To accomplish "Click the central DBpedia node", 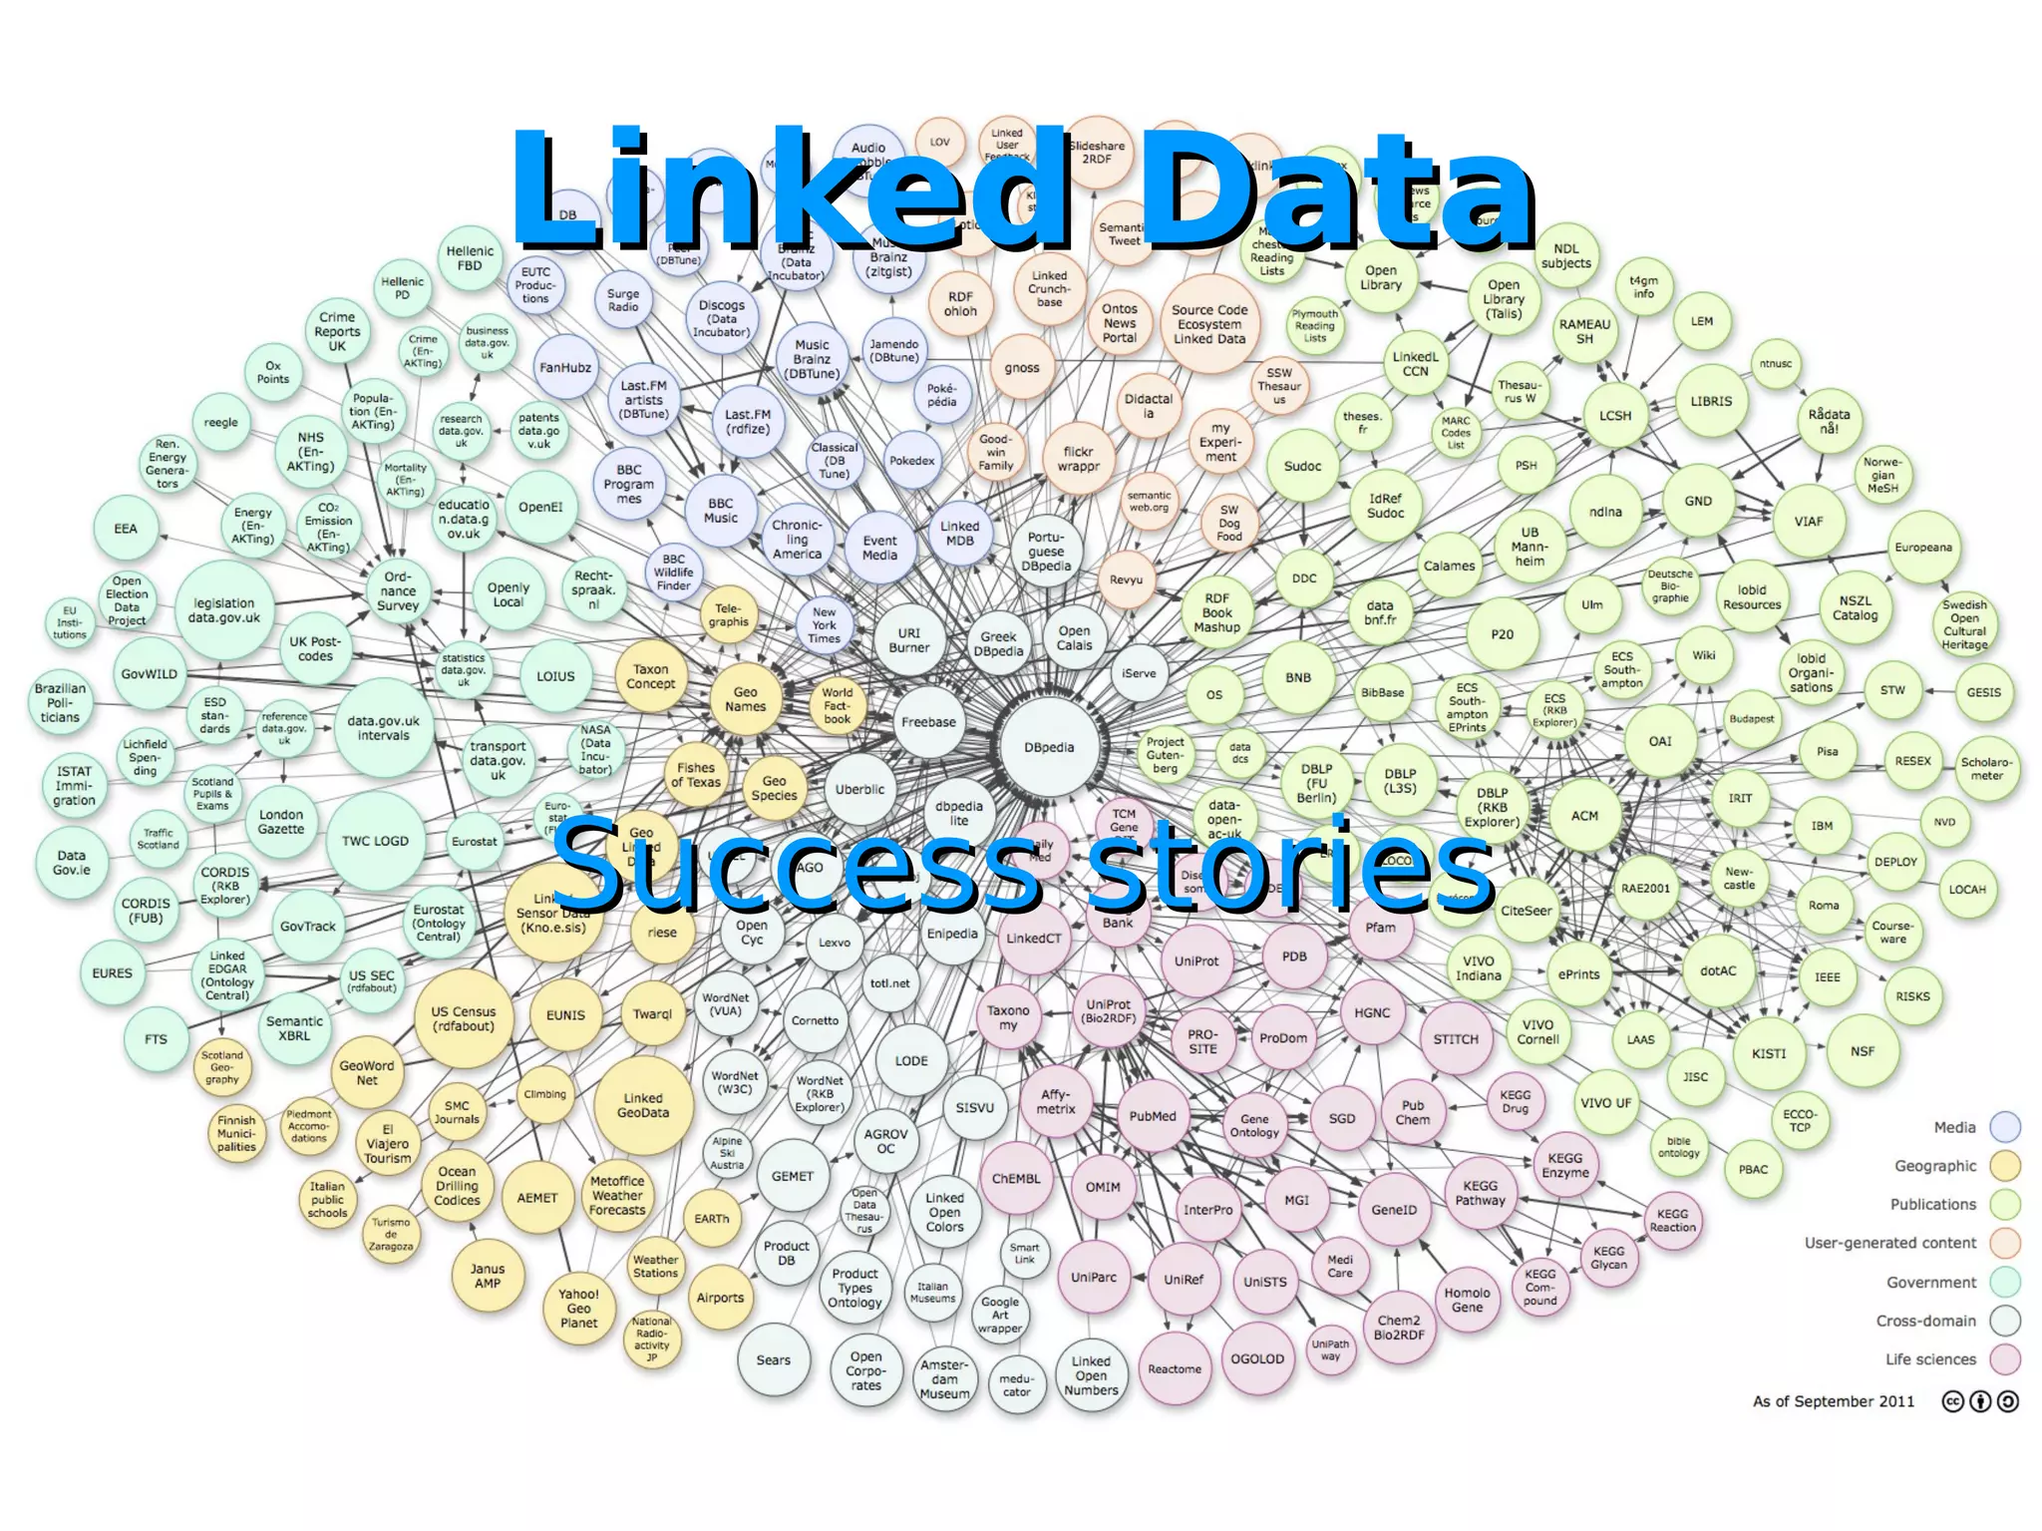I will (x=1049, y=747).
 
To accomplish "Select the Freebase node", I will (x=928, y=722).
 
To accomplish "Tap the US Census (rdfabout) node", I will (x=463, y=1018).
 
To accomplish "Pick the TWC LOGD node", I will (x=375, y=841).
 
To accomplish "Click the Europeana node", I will (x=1923, y=548).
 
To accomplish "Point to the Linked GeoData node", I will (x=643, y=1105).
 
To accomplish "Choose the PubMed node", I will (x=1153, y=1116).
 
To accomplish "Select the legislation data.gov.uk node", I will (x=224, y=610).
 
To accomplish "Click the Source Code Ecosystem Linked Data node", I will (x=1209, y=324).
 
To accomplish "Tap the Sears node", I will (x=773, y=1359).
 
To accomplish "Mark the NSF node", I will (x=1863, y=1051).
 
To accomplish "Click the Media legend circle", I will (x=2004, y=1127).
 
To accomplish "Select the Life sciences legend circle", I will (x=2004, y=1359).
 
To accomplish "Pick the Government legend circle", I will (x=2004, y=1282).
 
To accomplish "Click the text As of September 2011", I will (x=1834, y=1401).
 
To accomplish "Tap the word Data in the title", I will (x=1336, y=190).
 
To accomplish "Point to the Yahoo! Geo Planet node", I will (x=578, y=1309).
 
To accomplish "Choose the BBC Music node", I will (x=720, y=511).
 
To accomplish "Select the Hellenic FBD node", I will (x=470, y=258).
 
